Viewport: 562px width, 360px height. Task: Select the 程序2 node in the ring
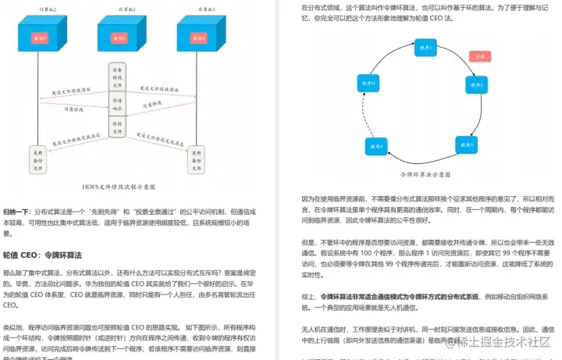point(476,84)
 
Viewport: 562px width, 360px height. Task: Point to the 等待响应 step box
point(116,104)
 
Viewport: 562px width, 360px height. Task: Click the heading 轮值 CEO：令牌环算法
point(43,255)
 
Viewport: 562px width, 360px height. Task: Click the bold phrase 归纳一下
point(18,212)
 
